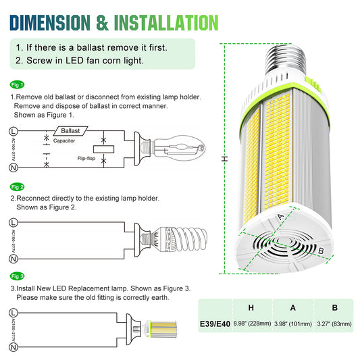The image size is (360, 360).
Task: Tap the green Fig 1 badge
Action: (x=18, y=84)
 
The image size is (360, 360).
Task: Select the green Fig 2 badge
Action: (x=18, y=186)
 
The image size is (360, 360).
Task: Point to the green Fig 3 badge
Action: (x=18, y=277)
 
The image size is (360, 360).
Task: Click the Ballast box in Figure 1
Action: (x=71, y=130)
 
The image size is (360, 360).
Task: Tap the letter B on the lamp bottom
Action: (x=322, y=251)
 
